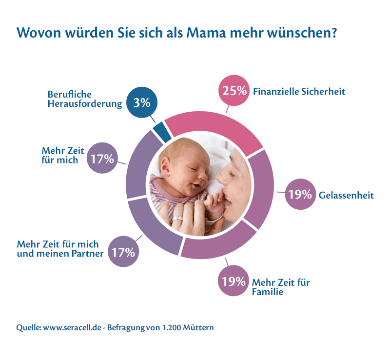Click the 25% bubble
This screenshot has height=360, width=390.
click(x=233, y=91)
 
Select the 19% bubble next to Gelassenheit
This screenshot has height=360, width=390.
click(x=299, y=195)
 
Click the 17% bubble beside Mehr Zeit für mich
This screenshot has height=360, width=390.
click(x=102, y=158)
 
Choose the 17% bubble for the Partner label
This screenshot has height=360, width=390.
click(x=123, y=252)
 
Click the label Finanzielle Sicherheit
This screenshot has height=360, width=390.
click(x=299, y=91)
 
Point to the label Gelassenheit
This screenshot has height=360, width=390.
click(x=346, y=195)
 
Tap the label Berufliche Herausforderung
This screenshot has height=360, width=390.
click(x=84, y=99)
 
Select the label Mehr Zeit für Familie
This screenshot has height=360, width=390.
click(x=280, y=287)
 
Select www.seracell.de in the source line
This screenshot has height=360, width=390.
click(x=73, y=328)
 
